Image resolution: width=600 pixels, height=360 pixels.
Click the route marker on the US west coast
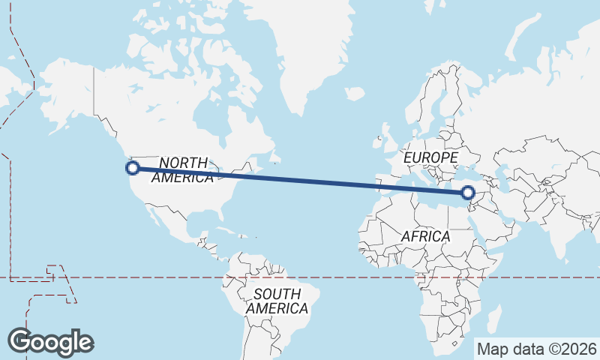point(133,168)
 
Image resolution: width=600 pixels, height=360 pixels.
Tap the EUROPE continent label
point(430,158)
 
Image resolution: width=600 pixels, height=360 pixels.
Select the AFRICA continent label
point(425,237)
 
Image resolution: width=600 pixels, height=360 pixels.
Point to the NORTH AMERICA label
point(183,170)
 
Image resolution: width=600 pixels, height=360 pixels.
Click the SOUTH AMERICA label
point(276,301)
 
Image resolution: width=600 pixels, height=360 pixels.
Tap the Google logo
point(50,342)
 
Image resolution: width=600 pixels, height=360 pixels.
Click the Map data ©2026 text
point(537,349)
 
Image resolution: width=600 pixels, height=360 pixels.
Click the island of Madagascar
point(493,318)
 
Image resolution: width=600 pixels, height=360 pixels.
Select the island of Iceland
point(355,94)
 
